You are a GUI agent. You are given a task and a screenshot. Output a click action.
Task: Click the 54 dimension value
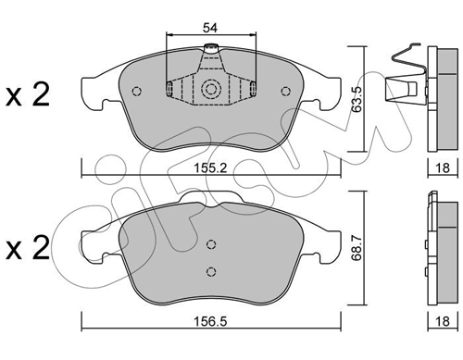pos(210,28)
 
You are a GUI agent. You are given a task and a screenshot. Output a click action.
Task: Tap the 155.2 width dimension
pos(210,168)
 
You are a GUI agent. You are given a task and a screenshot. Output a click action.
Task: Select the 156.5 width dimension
pos(210,321)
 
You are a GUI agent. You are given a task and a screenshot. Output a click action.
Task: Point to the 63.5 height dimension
pos(357,99)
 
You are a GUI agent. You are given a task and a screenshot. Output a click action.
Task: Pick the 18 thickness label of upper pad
pos(442,168)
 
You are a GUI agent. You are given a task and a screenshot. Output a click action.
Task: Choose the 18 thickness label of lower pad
pos(442,321)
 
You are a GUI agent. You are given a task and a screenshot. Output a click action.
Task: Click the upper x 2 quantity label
pos(28,94)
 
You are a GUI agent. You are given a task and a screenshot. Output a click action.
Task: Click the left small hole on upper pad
pos(136,92)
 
